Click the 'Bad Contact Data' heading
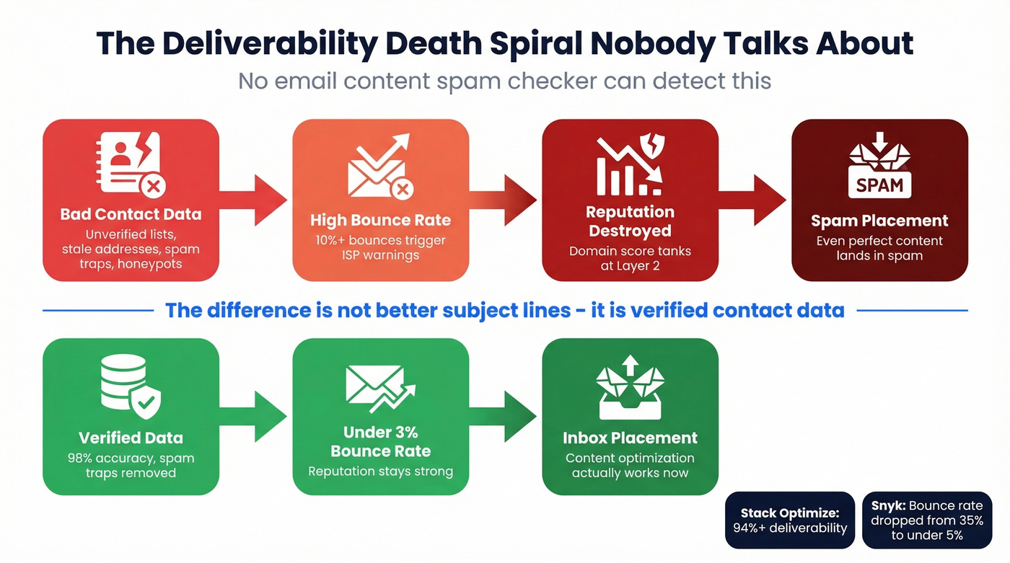[131, 214]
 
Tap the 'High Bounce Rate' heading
[380, 220]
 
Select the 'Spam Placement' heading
[879, 221]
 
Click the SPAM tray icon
[879, 170]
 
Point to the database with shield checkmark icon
[131, 389]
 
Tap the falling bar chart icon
[630, 167]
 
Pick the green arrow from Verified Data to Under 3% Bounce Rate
[254, 416]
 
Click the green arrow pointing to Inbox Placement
[504, 416]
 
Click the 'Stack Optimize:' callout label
[791, 513]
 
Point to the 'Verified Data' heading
[131, 438]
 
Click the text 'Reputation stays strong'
[380, 471]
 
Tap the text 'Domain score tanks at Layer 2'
[630, 259]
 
